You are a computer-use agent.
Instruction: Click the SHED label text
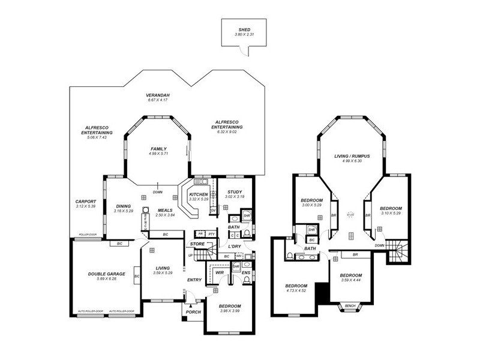[x=244, y=29]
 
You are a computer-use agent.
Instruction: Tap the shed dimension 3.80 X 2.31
[x=244, y=35]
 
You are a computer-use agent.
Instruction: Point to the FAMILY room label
[x=158, y=149]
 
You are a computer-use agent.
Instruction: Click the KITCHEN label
[x=199, y=194]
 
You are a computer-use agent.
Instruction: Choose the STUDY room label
[x=235, y=191]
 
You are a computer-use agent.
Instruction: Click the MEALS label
[x=165, y=210]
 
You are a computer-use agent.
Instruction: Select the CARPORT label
[x=86, y=201]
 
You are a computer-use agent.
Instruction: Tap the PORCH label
[x=194, y=311]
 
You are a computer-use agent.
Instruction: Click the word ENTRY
[x=194, y=280]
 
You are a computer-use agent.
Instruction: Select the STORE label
[x=197, y=244]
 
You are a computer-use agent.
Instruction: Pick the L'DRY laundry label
[x=235, y=247]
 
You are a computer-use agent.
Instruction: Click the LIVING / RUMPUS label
[x=352, y=156]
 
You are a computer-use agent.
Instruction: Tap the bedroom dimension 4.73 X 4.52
[x=296, y=291]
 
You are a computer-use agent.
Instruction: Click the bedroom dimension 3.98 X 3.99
[x=230, y=310]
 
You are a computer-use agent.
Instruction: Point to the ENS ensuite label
[x=246, y=273]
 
